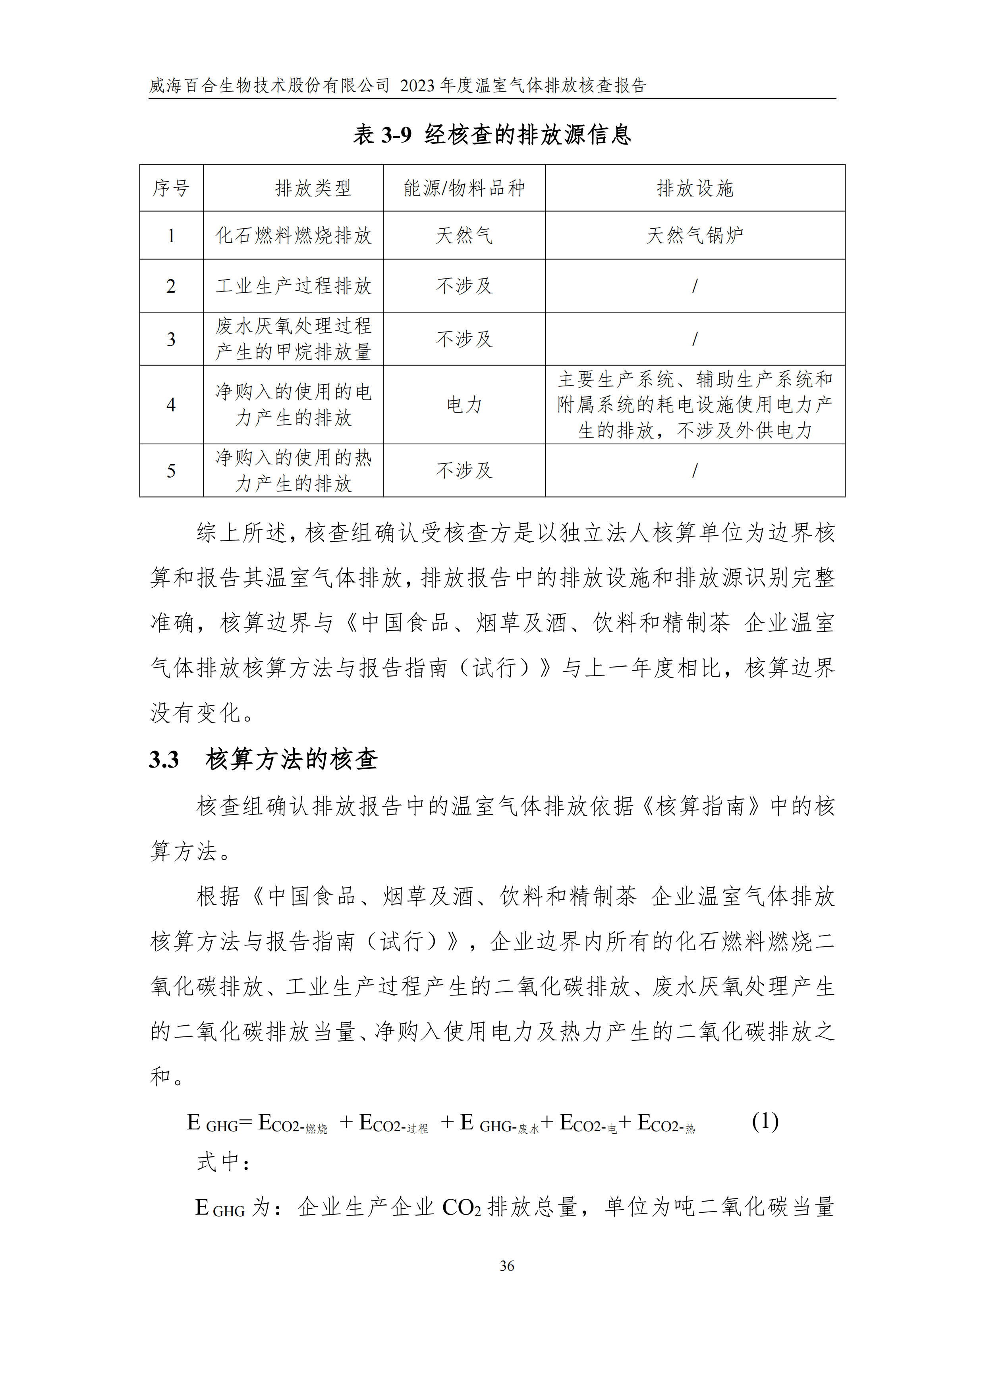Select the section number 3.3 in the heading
pos(164,760)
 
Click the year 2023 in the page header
pos(417,85)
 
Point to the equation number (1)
pos(764,1121)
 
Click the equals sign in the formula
pos(245,1123)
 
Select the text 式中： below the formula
pos(223,1162)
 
